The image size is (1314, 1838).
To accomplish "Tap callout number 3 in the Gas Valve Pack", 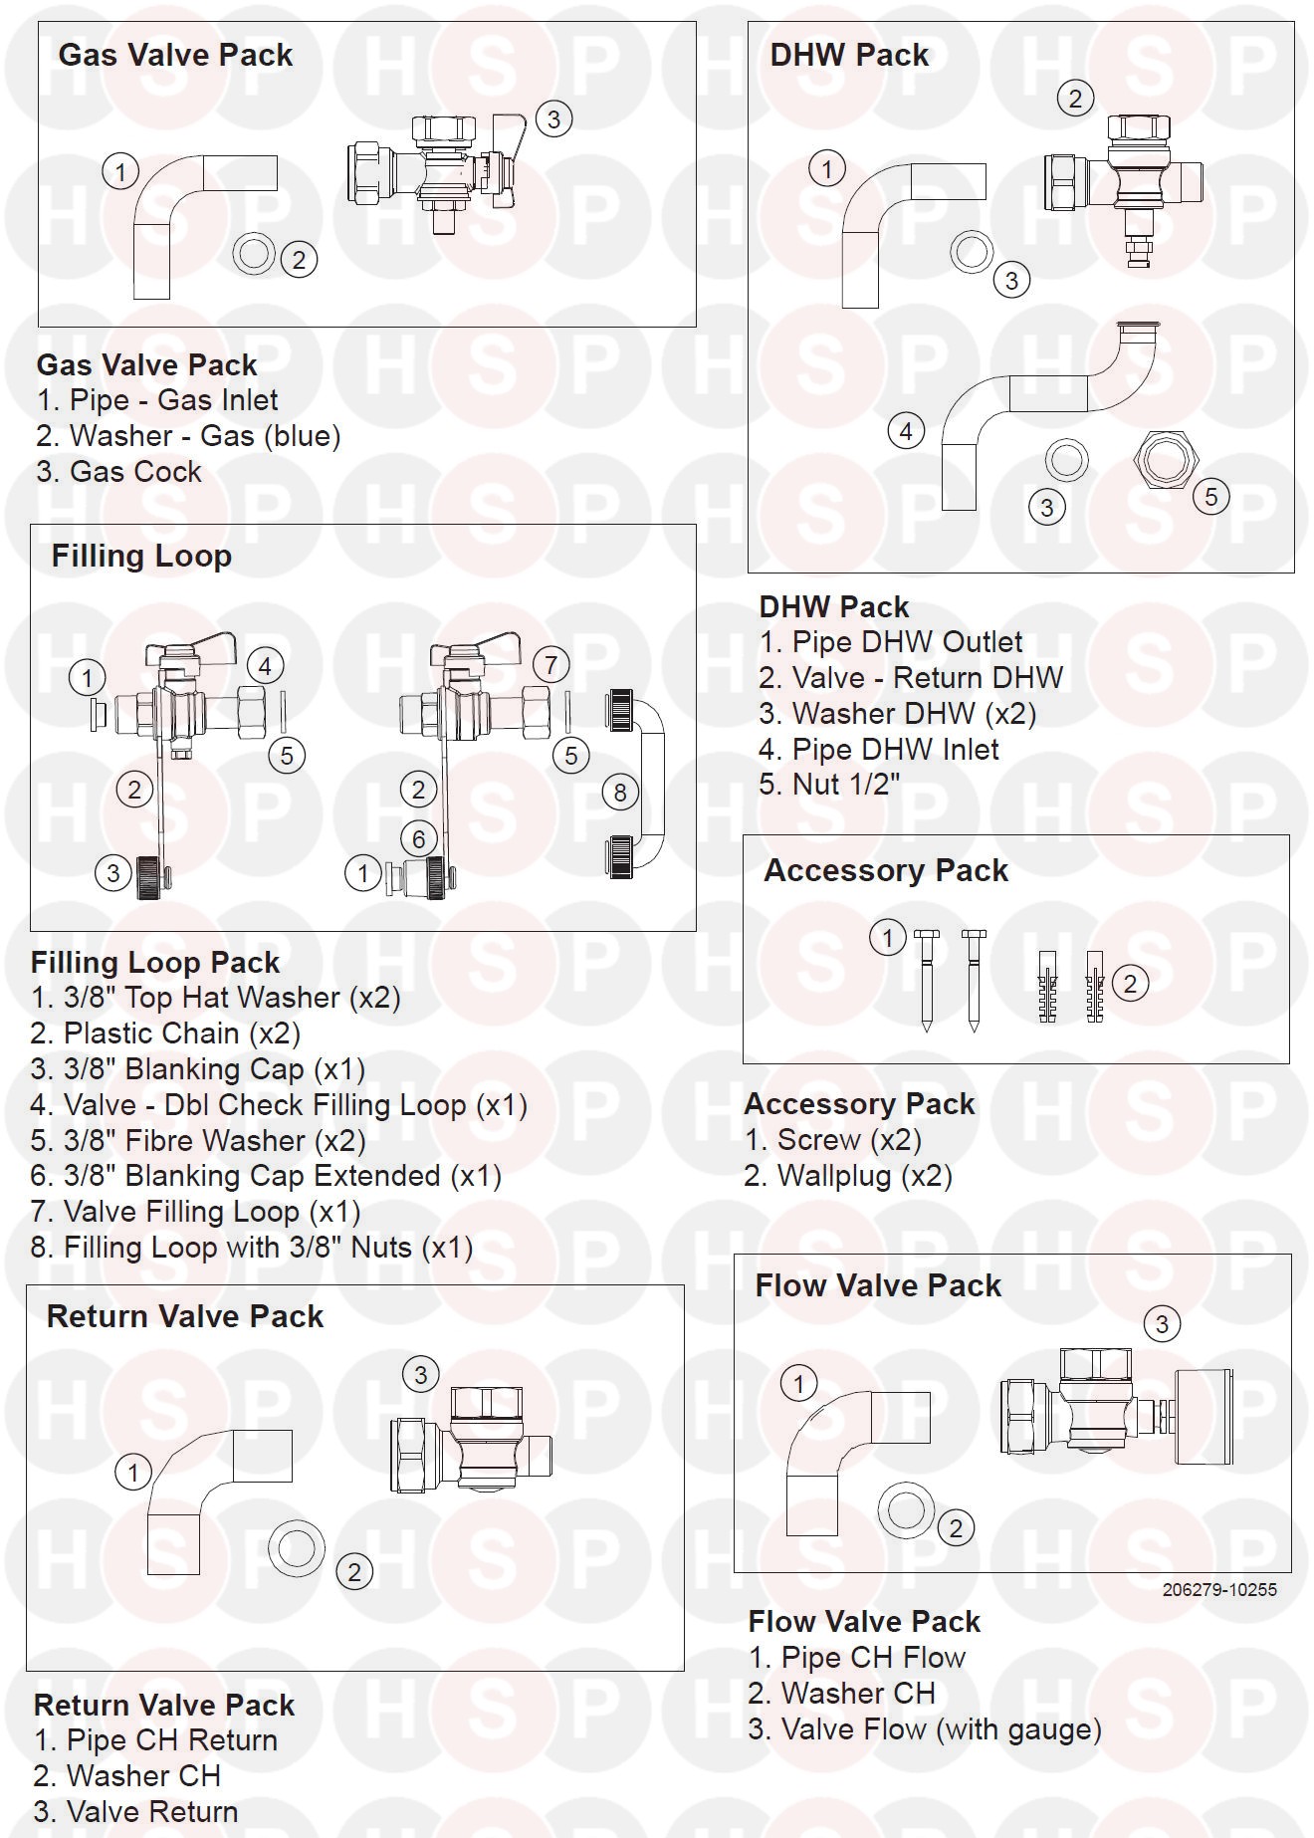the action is tap(553, 119).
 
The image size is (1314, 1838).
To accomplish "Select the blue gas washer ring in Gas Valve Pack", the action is tap(254, 253).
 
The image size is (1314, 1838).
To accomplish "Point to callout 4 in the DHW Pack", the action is tap(906, 432).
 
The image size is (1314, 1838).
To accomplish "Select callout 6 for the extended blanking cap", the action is tap(419, 838).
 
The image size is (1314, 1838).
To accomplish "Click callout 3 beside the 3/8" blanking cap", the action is tap(113, 873).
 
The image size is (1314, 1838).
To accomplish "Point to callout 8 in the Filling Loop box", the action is tap(620, 792).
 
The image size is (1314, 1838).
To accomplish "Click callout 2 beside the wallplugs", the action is tap(1129, 984).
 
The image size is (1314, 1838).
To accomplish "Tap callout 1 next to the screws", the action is tap(888, 937).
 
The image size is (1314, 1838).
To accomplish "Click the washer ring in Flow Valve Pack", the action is tap(906, 1509).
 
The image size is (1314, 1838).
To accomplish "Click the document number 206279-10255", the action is tap(1219, 1590).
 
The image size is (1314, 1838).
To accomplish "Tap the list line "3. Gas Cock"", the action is tap(118, 472).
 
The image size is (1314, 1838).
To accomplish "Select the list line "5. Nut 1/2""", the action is tap(829, 785).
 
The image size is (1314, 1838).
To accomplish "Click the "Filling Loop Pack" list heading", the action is tap(155, 963).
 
